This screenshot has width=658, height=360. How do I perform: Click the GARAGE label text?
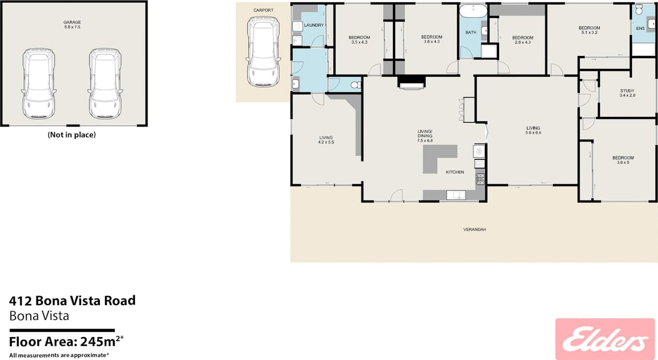72,22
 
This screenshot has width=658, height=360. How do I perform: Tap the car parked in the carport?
263,52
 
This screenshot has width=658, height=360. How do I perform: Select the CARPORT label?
263,10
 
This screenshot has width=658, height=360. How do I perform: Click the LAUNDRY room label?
314,25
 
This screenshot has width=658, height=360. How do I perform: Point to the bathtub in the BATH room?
473,11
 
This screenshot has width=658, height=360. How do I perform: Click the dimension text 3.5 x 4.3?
359,42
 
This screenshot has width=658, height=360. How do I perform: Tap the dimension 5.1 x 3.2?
589,33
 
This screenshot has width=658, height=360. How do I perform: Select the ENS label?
640,28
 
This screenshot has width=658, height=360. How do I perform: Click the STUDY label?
627,91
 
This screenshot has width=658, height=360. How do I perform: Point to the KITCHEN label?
455,172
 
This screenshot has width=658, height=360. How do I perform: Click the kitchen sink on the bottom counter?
456,195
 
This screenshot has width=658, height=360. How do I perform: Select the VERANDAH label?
475,229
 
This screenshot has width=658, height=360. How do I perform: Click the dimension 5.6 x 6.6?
533,133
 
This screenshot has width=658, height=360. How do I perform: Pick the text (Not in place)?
71,135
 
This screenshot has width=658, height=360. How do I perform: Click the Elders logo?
605,339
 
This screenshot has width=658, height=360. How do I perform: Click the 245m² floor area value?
102,341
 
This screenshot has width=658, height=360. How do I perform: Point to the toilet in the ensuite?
639,10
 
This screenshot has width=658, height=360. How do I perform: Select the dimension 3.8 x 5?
623,162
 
